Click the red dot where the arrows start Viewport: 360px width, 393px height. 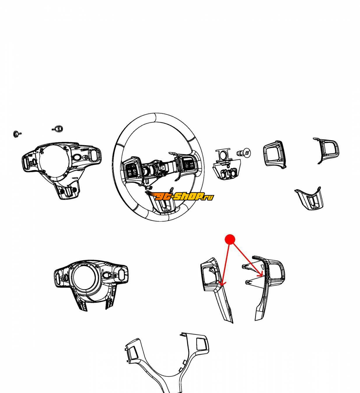pyautogui.click(x=230, y=239)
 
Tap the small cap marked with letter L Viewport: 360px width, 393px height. pyautogui.click(x=16, y=134)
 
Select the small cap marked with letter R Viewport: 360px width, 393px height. pyautogui.click(x=58, y=128)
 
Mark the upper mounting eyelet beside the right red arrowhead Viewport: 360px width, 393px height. pyautogui.click(x=244, y=266)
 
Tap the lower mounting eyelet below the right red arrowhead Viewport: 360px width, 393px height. pyautogui.click(x=247, y=282)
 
